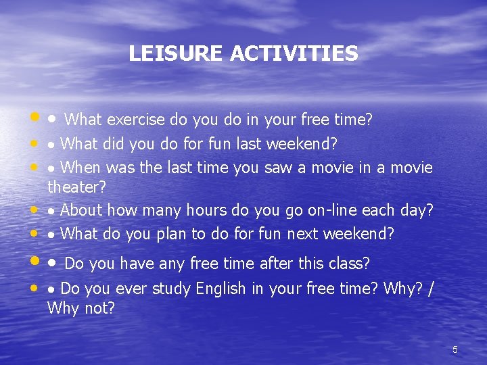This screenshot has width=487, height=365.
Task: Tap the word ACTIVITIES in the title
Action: click(x=294, y=53)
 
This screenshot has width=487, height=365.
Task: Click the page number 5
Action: click(x=455, y=349)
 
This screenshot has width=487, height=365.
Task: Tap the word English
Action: click(x=221, y=289)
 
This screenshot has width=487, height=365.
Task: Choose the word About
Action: click(x=81, y=210)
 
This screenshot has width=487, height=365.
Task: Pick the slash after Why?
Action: click(x=432, y=289)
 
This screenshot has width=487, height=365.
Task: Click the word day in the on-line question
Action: click(x=417, y=210)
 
